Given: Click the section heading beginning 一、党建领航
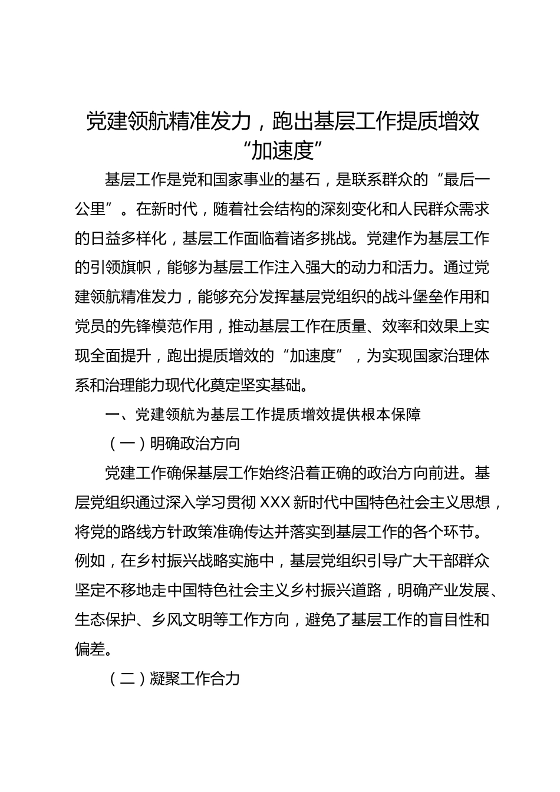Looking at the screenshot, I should pyautogui.click(x=263, y=415).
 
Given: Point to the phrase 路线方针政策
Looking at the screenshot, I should pyautogui.click(x=167, y=532).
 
